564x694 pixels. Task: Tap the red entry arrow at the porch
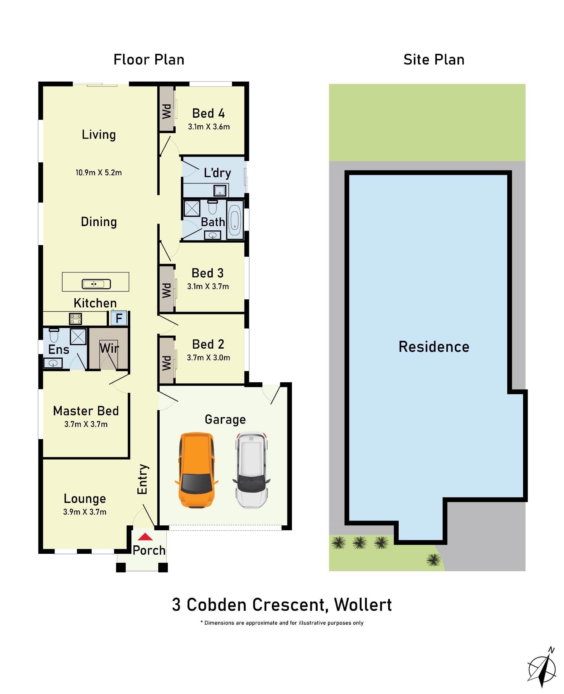pyautogui.click(x=145, y=537)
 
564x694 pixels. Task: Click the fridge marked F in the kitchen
pyautogui.click(x=119, y=318)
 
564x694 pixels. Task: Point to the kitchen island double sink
pyautogui.click(x=96, y=284)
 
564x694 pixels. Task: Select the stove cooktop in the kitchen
pyautogui.click(x=75, y=319)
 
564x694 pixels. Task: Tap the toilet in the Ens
pyautogui.click(x=54, y=335)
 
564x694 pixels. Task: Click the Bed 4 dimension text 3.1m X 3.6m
pyautogui.click(x=209, y=127)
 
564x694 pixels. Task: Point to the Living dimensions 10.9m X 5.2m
pyautogui.click(x=98, y=172)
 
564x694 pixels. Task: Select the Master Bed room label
pyautogui.click(x=86, y=411)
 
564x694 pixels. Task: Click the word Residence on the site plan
pyautogui.click(x=434, y=347)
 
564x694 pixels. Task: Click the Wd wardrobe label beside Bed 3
pyautogui.click(x=166, y=290)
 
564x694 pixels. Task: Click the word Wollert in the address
pyautogui.click(x=363, y=605)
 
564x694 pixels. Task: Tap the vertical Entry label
pyautogui.click(x=143, y=479)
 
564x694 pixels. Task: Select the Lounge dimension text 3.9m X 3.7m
pyautogui.click(x=85, y=512)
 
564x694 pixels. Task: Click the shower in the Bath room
pyautogui.click(x=192, y=208)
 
